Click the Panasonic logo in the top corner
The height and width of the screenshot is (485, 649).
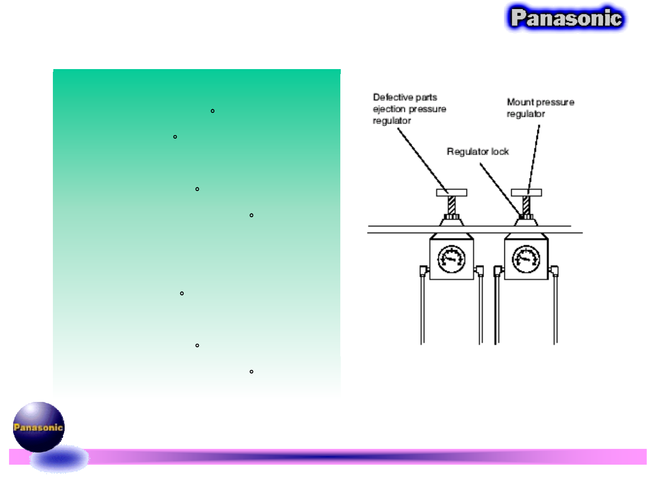click(x=566, y=18)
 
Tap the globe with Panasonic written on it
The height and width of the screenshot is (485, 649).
click(x=38, y=427)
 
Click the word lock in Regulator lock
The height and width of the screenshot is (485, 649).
click(x=500, y=152)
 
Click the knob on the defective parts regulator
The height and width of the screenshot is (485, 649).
click(x=451, y=193)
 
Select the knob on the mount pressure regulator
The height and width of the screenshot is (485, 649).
click(x=526, y=193)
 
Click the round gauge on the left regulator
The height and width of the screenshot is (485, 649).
click(x=451, y=259)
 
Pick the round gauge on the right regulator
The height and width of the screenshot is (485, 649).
click(x=526, y=259)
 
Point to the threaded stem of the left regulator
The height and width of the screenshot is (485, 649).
click(x=451, y=205)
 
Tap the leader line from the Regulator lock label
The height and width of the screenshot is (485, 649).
click(x=499, y=188)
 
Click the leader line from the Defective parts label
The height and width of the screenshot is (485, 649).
click(x=423, y=160)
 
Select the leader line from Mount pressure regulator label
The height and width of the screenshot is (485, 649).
click(x=534, y=158)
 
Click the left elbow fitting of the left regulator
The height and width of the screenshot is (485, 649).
click(x=423, y=270)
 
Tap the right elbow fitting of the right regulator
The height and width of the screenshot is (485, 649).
click(x=554, y=271)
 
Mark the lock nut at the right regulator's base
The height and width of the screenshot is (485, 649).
click(x=526, y=217)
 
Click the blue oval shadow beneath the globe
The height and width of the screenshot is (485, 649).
click(x=59, y=459)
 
